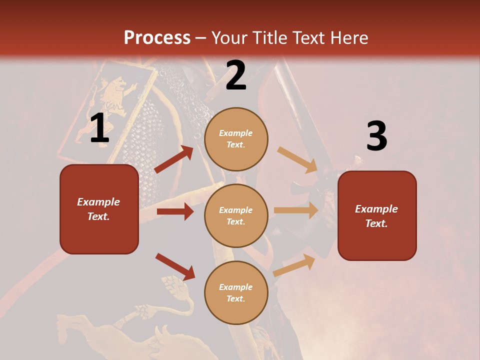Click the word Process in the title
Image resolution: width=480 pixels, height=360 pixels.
pyautogui.click(x=157, y=38)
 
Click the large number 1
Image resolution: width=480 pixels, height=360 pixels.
pyautogui.click(x=99, y=128)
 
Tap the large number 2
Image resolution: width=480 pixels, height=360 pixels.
pyautogui.click(x=236, y=75)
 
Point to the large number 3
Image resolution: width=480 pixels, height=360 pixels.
pyautogui.click(x=376, y=136)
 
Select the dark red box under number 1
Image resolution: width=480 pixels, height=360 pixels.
pyautogui.click(x=99, y=209)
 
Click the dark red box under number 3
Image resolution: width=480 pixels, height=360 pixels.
pyautogui.click(x=377, y=215)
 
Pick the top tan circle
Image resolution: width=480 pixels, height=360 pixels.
pyautogui.click(x=236, y=139)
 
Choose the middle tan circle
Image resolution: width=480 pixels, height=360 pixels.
pyautogui.click(x=236, y=215)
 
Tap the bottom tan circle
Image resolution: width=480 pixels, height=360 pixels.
pyautogui.click(x=236, y=292)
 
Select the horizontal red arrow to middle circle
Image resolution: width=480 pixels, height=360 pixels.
pyautogui.click(x=175, y=211)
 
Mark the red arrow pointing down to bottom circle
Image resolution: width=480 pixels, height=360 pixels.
pyautogui.click(x=175, y=266)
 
